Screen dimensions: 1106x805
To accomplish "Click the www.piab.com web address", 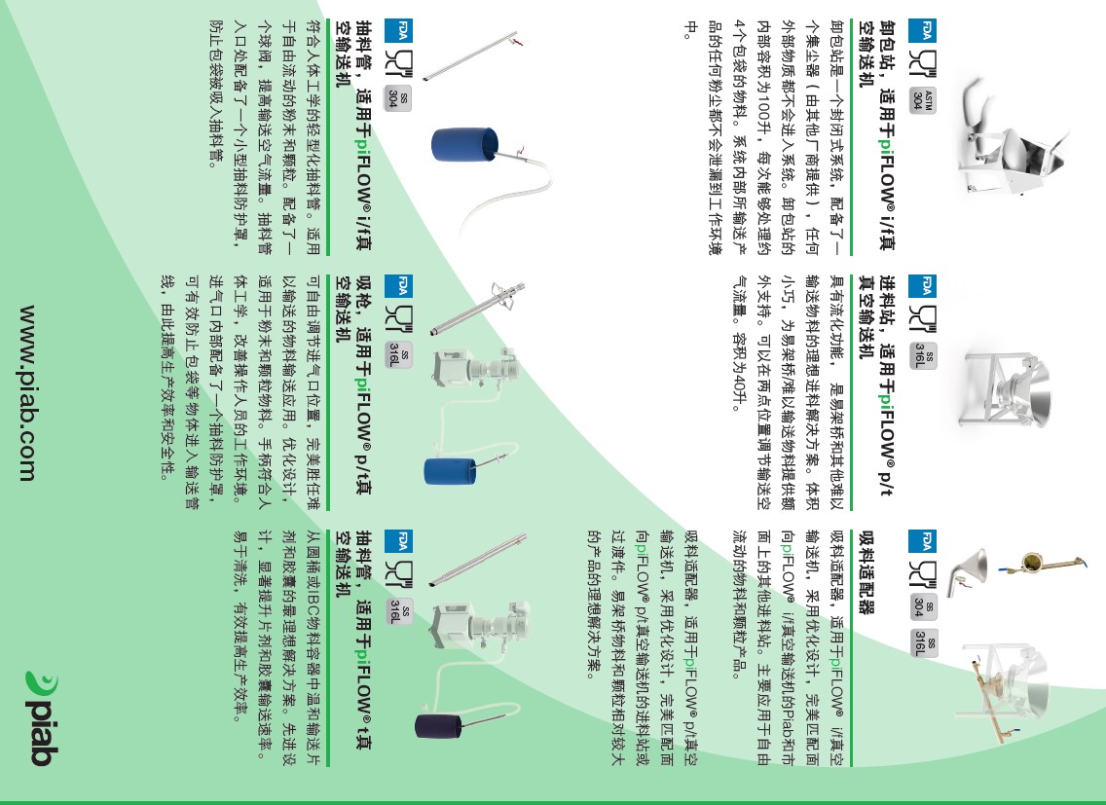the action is click(27, 393).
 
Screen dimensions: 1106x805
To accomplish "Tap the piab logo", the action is click(42, 718).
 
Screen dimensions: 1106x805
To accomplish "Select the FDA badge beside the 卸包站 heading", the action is click(922, 30).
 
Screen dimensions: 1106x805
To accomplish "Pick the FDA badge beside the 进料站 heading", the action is click(922, 286).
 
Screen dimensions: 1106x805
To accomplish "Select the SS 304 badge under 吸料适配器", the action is click(923, 606).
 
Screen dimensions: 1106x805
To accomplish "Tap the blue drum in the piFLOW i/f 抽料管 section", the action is click(464, 145).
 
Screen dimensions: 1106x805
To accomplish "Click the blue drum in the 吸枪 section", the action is click(450, 471).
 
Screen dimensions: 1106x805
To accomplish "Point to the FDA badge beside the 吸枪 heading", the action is click(398, 286).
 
